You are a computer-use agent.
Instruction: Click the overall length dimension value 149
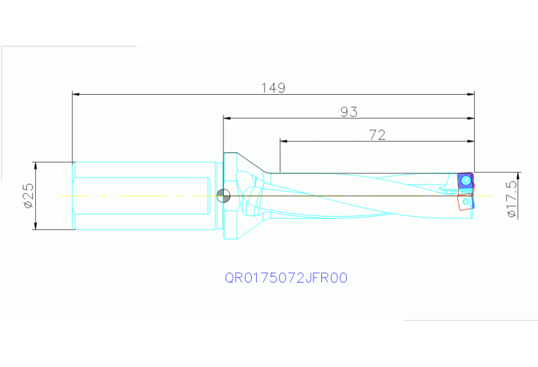coord(274,88)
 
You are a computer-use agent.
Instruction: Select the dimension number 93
coord(349,112)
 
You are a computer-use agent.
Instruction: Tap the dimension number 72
coord(377,135)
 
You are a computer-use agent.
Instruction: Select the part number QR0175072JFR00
coord(286,278)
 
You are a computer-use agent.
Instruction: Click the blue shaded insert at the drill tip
coord(464,182)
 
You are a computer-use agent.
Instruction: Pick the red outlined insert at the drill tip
coord(465,202)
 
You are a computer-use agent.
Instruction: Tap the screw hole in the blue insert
coord(466,181)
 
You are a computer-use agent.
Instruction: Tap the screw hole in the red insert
coord(466,203)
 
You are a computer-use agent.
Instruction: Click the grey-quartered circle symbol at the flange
coord(223,195)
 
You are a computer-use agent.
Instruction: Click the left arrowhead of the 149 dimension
coord(76,93)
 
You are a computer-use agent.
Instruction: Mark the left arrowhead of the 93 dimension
coord(227,118)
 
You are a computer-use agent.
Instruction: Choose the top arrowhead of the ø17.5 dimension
coord(518,175)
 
